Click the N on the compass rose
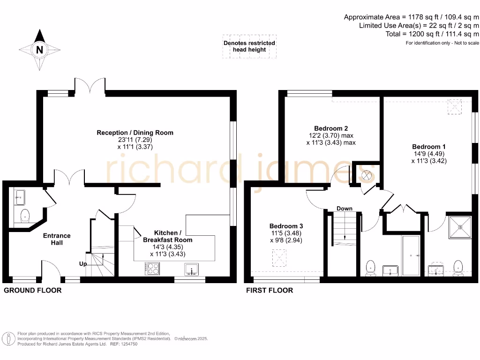[39, 49]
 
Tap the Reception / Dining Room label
[135, 133]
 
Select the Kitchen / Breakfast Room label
[167, 236]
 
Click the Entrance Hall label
[57, 239]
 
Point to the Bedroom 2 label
[331, 128]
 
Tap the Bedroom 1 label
[426, 147]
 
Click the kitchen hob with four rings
[153, 269]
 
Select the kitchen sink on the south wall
[192, 270]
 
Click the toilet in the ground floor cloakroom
[25, 216]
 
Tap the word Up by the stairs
[83, 264]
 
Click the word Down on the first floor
[345, 209]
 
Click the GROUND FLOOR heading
[32, 291]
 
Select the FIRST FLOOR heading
[270, 291]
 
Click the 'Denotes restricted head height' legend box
[249, 46]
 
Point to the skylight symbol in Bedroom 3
[280, 258]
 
